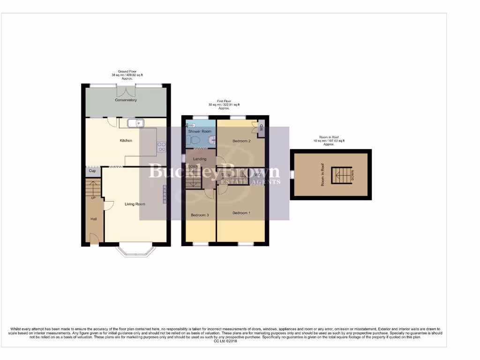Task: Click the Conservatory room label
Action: coord(126,100)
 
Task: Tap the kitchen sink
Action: coord(137,123)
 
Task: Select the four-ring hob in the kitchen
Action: coord(161,147)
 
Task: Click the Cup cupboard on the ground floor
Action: coord(92,171)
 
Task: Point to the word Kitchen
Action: coord(126,141)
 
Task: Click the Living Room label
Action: coord(135,204)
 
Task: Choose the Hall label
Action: coord(94,219)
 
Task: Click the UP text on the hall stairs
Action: coord(93,198)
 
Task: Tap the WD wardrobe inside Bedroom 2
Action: coord(261,127)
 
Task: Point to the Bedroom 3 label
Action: coord(200,215)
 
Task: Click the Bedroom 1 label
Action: coord(241,213)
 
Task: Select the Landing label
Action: coord(200,159)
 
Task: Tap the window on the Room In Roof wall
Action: coord(292,175)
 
